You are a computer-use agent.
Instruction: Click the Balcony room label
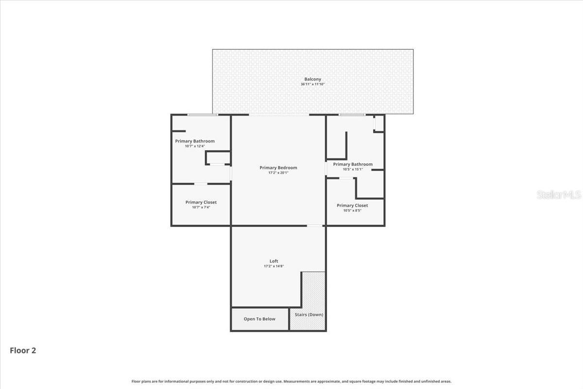click(312, 79)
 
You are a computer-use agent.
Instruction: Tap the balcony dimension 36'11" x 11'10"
click(312, 84)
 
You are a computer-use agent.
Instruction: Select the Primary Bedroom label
click(278, 168)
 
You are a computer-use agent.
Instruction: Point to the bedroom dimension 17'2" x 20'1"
click(278, 173)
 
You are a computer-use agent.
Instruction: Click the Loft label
click(274, 261)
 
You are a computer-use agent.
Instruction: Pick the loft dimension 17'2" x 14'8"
click(274, 266)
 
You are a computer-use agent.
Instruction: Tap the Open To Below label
click(259, 319)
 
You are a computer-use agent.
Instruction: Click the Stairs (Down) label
click(309, 315)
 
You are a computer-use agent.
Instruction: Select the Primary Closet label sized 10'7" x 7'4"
click(201, 202)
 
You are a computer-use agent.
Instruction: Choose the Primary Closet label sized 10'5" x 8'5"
click(352, 206)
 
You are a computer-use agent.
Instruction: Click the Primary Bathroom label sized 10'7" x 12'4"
click(195, 141)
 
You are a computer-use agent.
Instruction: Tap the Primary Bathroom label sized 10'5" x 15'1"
click(353, 164)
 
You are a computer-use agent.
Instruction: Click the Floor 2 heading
click(23, 351)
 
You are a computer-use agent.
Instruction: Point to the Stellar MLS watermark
click(559, 194)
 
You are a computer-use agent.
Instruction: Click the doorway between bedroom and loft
click(315, 226)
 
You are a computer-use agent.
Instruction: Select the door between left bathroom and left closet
click(201, 184)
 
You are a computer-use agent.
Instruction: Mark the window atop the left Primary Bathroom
click(203, 115)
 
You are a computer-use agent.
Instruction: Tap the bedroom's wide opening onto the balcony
click(279, 115)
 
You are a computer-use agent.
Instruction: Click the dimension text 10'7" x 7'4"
click(201, 208)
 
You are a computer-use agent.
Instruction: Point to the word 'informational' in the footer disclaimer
click(176, 381)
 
